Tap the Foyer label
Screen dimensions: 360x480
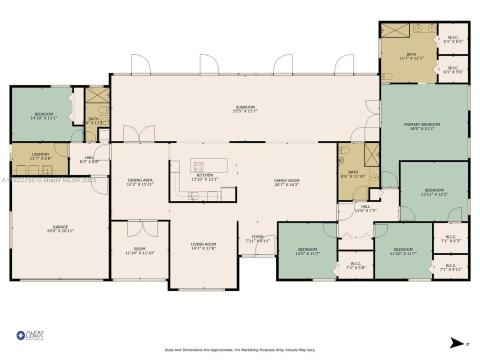coord(258,240)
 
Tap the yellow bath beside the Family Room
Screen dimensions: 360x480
coord(354,174)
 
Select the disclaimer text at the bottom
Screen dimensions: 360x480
coord(240,349)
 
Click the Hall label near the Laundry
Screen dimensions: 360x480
coord(89,160)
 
